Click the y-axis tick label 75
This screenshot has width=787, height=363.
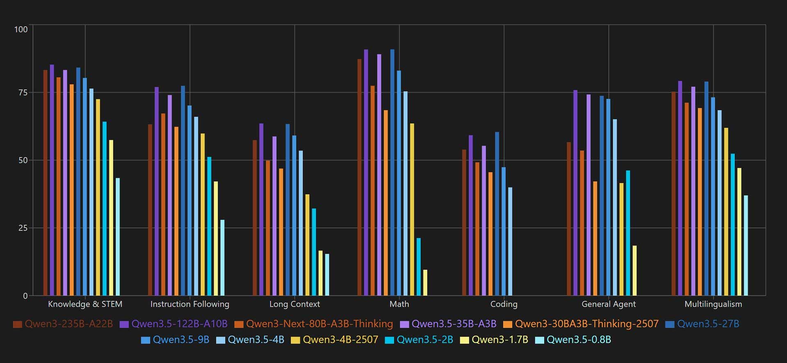[23, 93]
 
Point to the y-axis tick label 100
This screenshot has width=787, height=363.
[21, 29]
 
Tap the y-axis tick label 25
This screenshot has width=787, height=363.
[23, 228]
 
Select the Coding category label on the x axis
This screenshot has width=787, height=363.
[504, 304]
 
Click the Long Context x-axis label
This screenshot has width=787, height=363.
[294, 304]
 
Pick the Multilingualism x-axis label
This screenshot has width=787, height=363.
[713, 304]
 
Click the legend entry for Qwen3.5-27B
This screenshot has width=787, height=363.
[708, 324]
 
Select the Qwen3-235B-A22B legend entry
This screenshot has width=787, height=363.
[68, 324]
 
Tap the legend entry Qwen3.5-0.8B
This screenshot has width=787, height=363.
[578, 340]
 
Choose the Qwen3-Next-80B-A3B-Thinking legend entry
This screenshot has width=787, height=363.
[319, 324]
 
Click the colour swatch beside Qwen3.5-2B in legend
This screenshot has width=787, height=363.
[389, 340]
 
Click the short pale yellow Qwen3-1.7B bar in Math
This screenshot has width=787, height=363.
[425, 283]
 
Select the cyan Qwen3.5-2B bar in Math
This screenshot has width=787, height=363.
[419, 267]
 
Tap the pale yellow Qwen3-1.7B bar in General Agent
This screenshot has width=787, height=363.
[635, 270]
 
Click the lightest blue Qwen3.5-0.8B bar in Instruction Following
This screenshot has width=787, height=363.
[222, 258]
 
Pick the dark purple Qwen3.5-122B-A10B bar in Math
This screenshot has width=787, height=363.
[366, 172]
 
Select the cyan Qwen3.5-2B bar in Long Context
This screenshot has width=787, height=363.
[314, 252]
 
